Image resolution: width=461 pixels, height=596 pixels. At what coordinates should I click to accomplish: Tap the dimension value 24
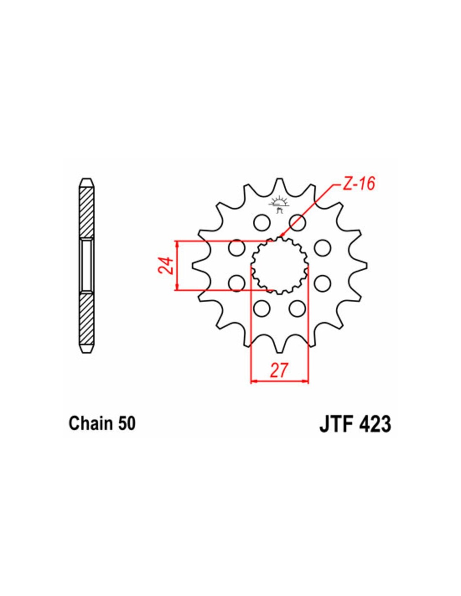tap(165, 265)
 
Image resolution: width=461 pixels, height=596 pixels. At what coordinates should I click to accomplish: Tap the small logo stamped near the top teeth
tap(279, 205)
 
